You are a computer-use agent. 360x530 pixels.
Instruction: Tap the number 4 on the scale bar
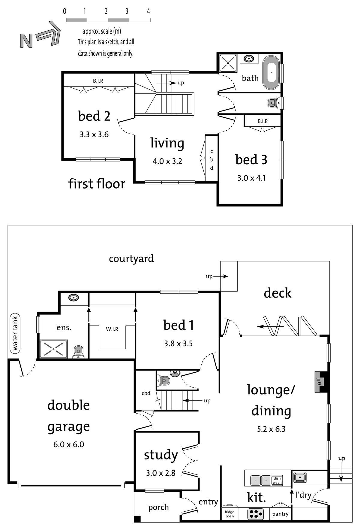[148, 11]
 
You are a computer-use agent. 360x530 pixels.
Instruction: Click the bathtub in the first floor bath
[271, 72]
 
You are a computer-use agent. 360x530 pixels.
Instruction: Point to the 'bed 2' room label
[94, 116]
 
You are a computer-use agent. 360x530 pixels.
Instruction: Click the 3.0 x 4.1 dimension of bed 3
[251, 178]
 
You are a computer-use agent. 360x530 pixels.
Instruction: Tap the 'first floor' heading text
[97, 183]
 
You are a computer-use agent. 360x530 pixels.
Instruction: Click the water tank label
[15, 333]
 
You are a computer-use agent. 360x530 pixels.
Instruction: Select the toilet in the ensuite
[78, 352]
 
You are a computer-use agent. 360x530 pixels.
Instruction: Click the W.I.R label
[112, 329]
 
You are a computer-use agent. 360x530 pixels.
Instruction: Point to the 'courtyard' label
[131, 259]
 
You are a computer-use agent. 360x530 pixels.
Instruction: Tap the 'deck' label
[277, 293]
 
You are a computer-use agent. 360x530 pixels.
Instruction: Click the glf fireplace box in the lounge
[319, 382]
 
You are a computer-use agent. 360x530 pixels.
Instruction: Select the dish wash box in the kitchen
[277, 480]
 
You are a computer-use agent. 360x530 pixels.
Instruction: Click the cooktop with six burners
[256, 514]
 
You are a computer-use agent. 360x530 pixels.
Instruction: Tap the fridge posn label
[229, 514]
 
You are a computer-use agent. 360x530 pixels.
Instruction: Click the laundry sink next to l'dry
[300, 477]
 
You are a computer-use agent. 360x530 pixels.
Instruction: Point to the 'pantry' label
[280, 514]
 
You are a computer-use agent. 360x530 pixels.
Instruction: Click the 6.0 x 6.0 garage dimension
[69, 444]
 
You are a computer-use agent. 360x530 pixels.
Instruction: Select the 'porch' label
[158, 507]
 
